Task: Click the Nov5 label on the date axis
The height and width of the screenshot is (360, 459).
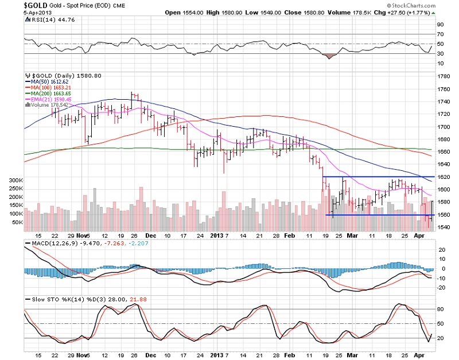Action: click(x=83, y=236)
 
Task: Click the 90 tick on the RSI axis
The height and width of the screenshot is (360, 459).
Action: click(x=441, y=25)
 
